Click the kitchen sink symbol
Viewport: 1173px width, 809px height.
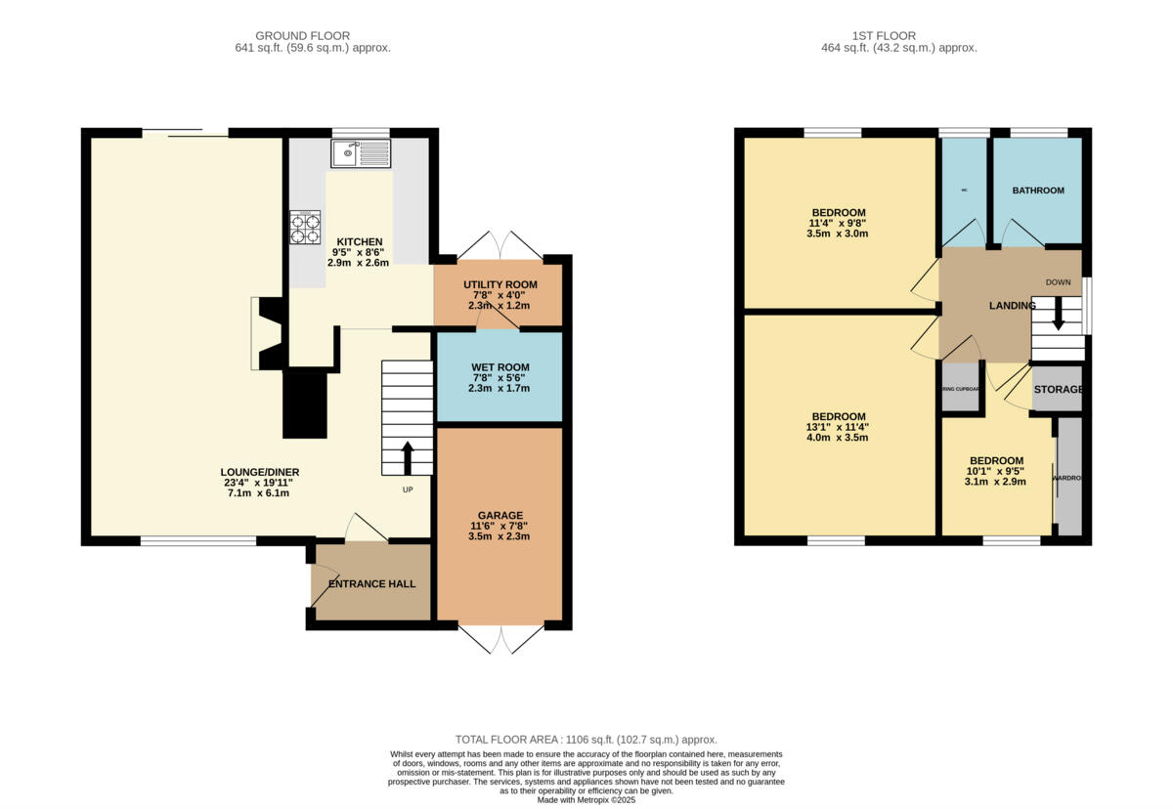coord(360,152)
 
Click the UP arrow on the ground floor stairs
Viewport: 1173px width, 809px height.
coord(407,457)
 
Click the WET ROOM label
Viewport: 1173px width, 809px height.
coord(500,367)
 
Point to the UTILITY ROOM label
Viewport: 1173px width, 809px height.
coord(500,284)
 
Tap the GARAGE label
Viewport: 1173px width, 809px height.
coord(500,515)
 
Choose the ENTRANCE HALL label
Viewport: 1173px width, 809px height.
coord(371,584)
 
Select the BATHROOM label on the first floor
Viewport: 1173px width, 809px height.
coord(1037,191)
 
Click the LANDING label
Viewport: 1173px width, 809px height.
coord(1012,306)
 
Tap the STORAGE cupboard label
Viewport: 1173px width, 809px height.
coord(1058,390)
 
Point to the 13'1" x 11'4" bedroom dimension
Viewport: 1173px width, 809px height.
coord(836,426)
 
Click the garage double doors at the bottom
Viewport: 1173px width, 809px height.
coord(500,639)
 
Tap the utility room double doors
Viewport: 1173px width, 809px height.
coord(500,244)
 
